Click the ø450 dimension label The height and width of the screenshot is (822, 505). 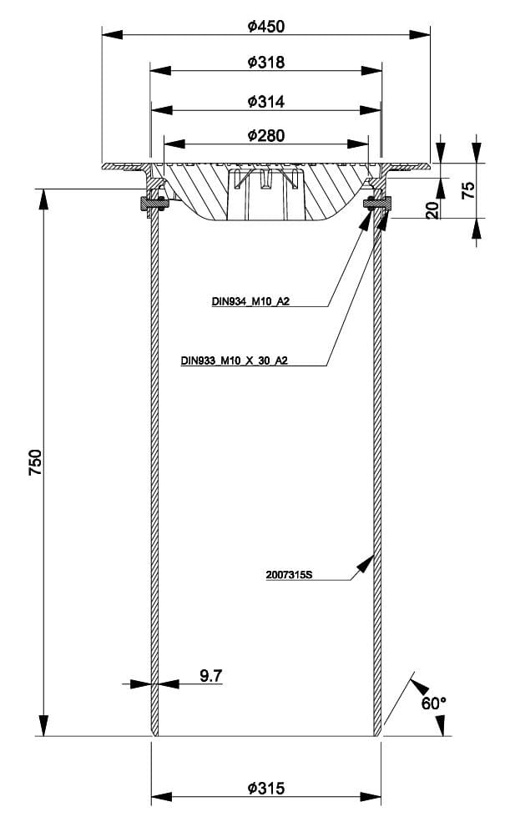coord(266,26)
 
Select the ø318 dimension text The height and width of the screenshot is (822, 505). coord(266,63)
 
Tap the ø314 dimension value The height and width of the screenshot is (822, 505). coord(266,101)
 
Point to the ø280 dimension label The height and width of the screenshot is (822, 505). coord(266,136)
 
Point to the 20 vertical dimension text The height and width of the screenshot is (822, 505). coord(432,209)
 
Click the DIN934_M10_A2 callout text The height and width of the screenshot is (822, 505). coord(250,301)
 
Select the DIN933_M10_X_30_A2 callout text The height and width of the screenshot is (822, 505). coord(240,361)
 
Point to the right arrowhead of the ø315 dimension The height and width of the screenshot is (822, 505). coord(372,795)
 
